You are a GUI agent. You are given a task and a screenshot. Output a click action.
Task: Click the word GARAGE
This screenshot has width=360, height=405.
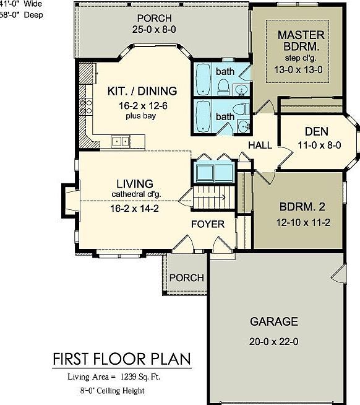pyautogui.click(x=273, y=321)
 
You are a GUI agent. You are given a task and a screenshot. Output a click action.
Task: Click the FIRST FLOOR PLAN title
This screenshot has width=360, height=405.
pyautogui.click(x=121, y=359)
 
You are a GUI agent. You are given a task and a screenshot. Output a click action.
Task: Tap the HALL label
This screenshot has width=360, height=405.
pyautogui.click(x=260, y=145)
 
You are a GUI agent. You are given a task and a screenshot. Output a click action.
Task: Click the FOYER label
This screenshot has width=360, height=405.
pyautogui.click(x=207, y=224)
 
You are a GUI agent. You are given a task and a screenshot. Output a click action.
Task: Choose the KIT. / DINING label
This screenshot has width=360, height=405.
pyautogui.click(x=137, y=90)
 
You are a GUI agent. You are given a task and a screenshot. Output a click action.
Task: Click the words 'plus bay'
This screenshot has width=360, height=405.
pyautogui.click(x=137, y=116)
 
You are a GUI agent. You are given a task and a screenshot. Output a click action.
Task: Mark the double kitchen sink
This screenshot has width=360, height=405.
pyautogui.click(x=120, y=142)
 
